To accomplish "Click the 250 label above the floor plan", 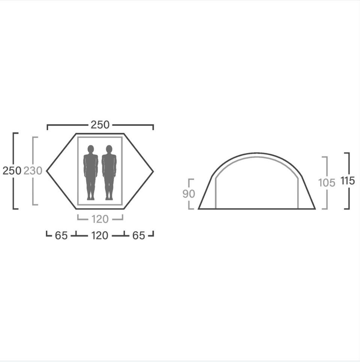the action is tap(100, 125).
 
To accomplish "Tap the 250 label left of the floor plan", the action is tap(12, 171).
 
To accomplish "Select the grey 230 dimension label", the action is tap(33, 171).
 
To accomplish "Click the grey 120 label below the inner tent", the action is tap(100, 219).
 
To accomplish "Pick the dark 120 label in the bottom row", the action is tap(100, 236).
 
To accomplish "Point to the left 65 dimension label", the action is tap(61, 236).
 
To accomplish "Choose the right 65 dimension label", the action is tap(139, 236).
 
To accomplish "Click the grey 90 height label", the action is tap(189, 194).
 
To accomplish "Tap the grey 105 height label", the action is tap(327, 183).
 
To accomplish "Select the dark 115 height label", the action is tap(348, 181).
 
